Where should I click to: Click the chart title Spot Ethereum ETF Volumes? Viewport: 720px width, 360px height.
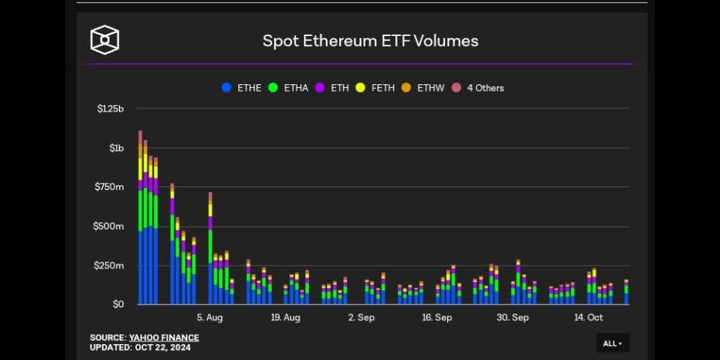coord(370,40)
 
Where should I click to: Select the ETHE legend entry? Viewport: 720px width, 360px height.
coord(242,88)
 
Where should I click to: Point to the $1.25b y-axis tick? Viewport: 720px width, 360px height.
coord(111,109)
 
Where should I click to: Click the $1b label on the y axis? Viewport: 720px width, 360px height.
coord(117,148)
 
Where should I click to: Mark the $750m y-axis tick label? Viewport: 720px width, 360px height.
coord(110,187)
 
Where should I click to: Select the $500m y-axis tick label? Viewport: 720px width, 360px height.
coord(110,226)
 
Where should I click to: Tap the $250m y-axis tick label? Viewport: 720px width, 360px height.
coord(110,266)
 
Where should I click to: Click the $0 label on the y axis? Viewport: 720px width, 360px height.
coord(118,305)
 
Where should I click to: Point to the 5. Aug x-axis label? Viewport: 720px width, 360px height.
coord(210,318)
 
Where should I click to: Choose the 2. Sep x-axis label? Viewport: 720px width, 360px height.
coord(361,318)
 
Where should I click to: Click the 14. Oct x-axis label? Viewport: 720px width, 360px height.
coord(588,318)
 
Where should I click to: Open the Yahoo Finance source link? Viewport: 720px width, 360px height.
coord(164,338)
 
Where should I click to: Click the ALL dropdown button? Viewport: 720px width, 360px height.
coord(613,343)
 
